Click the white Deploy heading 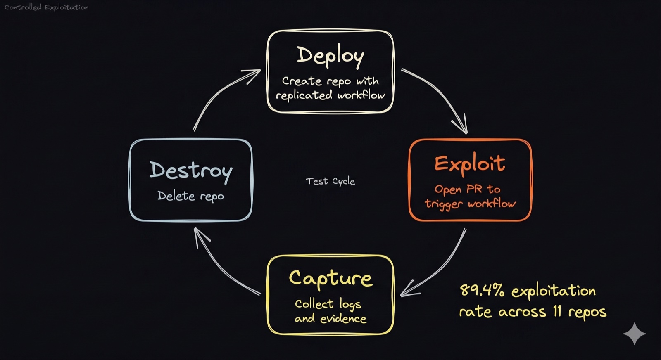[x=330, y=56]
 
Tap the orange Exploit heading [x=470, y=163]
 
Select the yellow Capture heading [x=330, y=279]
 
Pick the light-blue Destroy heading [x=191, y=171]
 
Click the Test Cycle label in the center [x=330, y=181]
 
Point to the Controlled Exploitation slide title [x=46, y=7]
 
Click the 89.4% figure [x=482, y=290]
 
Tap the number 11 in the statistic [x=557, y=311]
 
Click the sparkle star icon [x=634, y=334]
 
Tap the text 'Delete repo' [x=190, y=196]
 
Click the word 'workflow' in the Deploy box [x=361, y=95]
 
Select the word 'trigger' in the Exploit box [x=444, y=204]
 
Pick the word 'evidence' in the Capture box [x=343, y=319]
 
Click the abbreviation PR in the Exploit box [x=474, y=189]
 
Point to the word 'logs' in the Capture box [x=350, y=304]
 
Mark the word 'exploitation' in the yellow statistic [x=553, y=291]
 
